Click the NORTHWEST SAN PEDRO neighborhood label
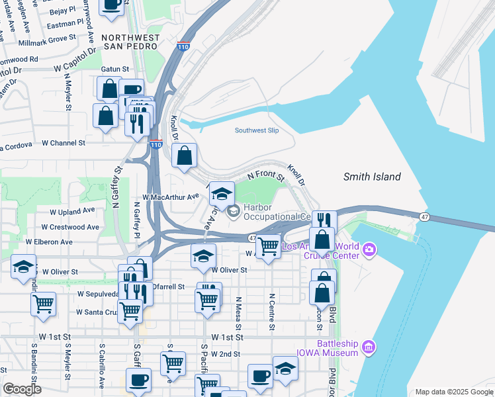(x=130, y=42)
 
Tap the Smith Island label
(x=372, y=177)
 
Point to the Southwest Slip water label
(x=257, y=130)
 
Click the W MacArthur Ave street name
(x=171, y=197)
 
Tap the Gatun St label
(x=114, y=69)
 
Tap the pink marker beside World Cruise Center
(x=369, y=250)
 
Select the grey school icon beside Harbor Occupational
(x=233, y=212)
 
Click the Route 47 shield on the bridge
(x=424, y=216)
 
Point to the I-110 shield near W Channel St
(x=155, y=144)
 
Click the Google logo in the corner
(x=22, y=389)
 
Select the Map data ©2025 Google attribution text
(x=453, y=392)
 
